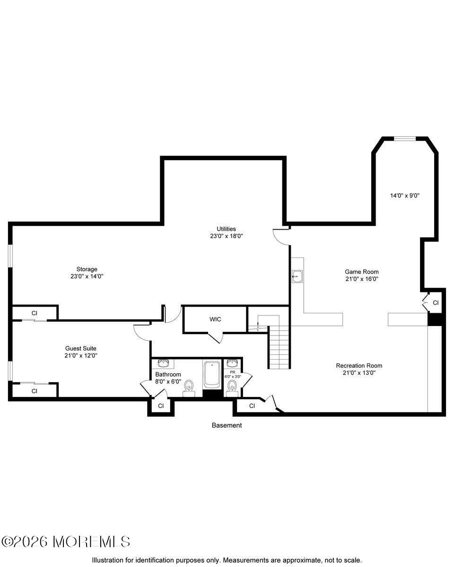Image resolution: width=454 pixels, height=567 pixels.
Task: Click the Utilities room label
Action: pyautogui.click(x=227, y=229)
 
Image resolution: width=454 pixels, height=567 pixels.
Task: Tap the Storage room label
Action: pyautogui.click(x=87, y=269)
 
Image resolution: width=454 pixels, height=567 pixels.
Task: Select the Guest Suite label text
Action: pyautogui.click(x=81, y=348)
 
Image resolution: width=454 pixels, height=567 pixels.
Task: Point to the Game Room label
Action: pyautogui.click(x=361, y=272)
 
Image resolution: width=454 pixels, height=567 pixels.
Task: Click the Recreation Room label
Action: pyautogui.click(x=359, y=366)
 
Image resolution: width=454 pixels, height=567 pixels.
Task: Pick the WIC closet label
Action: pyautogui.click(x=215, y=319)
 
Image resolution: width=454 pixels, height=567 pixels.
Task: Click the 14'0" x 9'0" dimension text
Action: pyautogui.click(x=405, y=195)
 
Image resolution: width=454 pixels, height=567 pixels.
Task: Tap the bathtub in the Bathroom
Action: pyautogui.click(x=212, y=375)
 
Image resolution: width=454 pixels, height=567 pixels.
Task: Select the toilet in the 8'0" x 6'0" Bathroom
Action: pyautogui.click(x=189, y=386)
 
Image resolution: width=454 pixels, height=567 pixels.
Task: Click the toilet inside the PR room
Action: pyautogui.click(x=232, y=387)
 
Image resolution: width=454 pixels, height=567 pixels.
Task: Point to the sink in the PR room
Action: pyautogui.click(x=232, y=363)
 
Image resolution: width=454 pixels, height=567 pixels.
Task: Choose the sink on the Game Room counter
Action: pyautogui.click(x=297, y=276)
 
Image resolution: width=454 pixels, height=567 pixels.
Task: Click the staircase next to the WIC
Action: pyautogui.click(x=279, y=347)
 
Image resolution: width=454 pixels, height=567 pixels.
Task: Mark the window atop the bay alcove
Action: pyautogui.click(x=404, y=138)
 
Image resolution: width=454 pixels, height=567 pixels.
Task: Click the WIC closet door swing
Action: pyautogui.click(x=215, y=337)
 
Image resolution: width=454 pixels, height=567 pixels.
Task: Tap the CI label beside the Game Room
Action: pyautogui.click(x=436, y=303)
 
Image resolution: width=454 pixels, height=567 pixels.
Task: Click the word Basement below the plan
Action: pyautogui.click(x=227, y=425)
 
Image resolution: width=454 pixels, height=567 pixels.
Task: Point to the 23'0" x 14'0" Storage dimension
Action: pyautogui.click(x=87, y=276)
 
